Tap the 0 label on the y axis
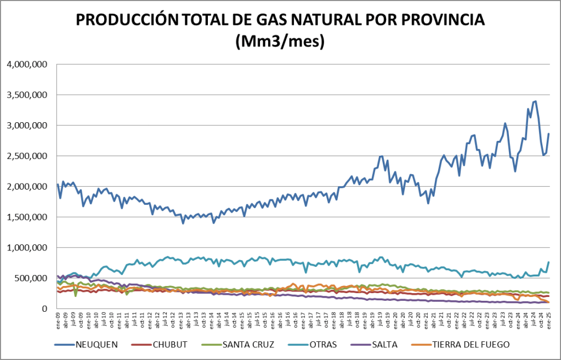[x=46, y=309]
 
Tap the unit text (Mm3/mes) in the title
[x=280, y=41]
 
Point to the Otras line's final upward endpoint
[x=548, y=262]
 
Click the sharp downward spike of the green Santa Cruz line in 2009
[x=75, y=296]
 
